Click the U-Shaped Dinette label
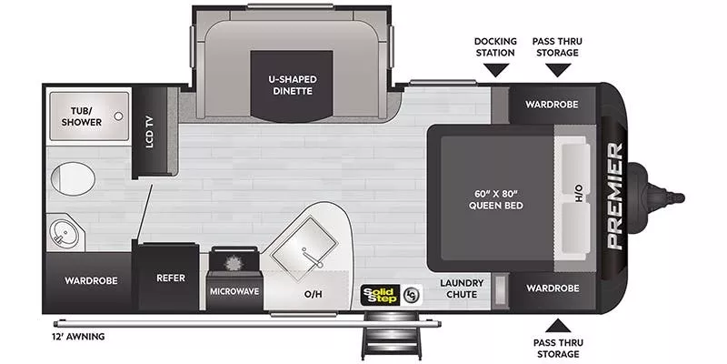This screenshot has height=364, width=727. coord(291,85)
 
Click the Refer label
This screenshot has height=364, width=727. coord(171,278)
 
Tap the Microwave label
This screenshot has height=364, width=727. coord(236,291)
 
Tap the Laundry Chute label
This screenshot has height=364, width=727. coord(463,288)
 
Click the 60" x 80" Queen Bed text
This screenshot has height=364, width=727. coord(494,198)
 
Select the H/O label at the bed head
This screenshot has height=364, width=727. coord(577,194)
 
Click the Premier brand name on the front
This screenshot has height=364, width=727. coord(614,196)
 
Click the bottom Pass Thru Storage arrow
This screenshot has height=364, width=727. coord(557,324)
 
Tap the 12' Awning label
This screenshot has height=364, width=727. coord(79,337)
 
